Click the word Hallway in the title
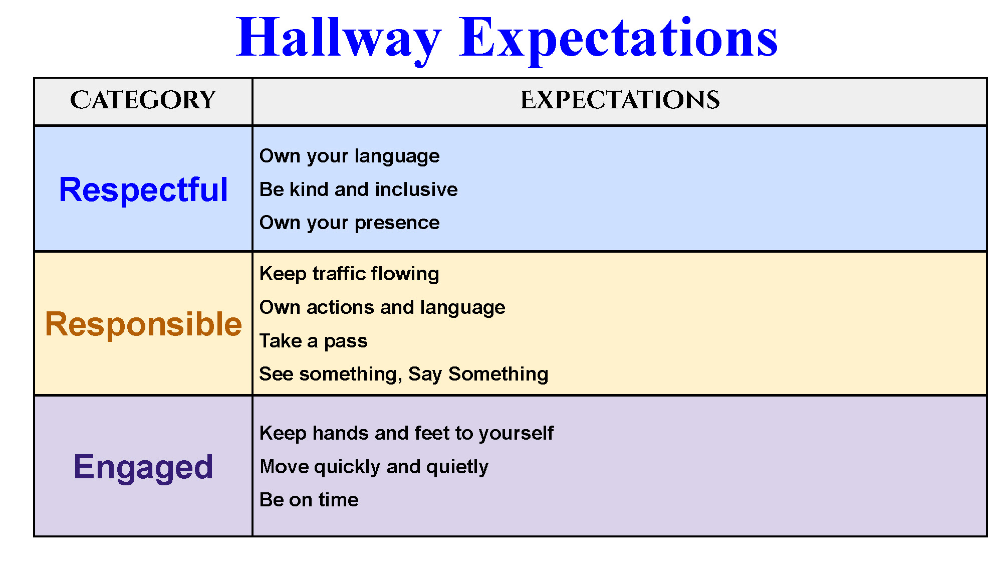click(339, 39)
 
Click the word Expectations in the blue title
click(619, 39)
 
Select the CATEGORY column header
click(143, 100)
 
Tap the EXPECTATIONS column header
click(620, 100)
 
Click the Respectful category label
click(143, 190)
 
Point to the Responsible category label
click(143, 324)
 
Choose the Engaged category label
click(143, 467)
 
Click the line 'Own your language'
click(350, 156)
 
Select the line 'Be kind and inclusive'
click(359, 190)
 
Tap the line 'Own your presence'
click(350, 223)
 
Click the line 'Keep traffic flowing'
click(350, 274)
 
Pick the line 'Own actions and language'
click(382, 308)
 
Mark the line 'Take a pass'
click(314, 341)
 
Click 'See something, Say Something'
click(404, 374)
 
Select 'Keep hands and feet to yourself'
click(406, 434)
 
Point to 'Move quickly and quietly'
click(374, 467)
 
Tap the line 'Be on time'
click(309, 500)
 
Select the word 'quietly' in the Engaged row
click(457, 467)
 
